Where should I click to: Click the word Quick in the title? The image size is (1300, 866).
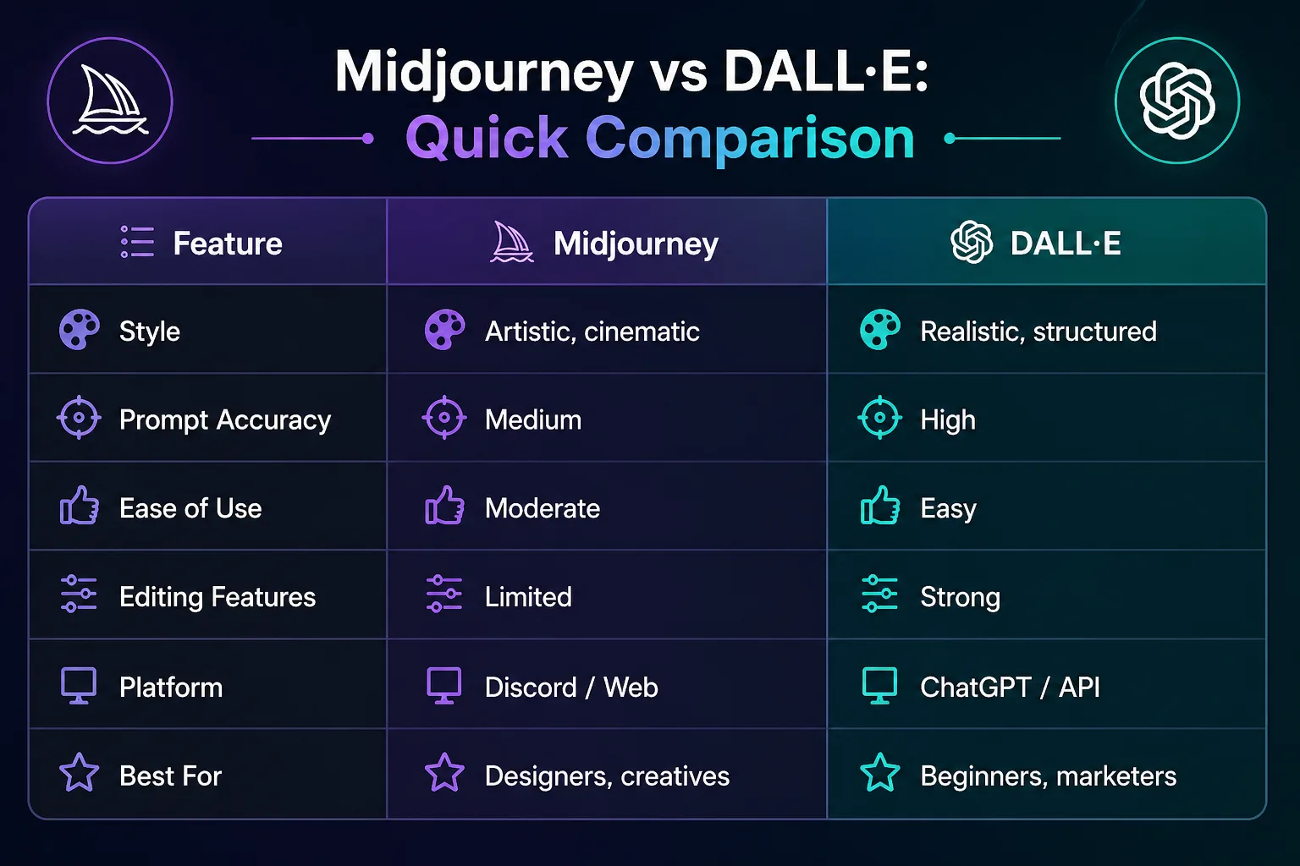(x=487, y=138)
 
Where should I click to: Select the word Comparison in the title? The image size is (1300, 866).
(x=750, y=138)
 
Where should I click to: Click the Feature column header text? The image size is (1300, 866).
(x=228, y=244)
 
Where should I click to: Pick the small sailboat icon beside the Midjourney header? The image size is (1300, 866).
(x=512, y=243)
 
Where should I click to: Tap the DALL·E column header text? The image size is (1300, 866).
(x=1066, y=244)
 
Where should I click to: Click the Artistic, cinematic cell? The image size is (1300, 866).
(x=592, y=332)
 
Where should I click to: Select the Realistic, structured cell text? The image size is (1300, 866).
(x=1038, y=332)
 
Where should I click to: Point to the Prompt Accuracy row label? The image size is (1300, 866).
(x=225, y=420)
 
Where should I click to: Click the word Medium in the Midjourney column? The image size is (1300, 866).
(x=533, y=420)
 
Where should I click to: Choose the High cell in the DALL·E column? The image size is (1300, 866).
(x=948, y=420)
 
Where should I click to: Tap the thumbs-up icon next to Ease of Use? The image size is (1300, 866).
(x=80, y=507)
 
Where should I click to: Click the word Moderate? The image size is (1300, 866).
(x=543, y=508)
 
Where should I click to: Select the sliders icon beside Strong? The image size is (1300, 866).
(x=879, y=594)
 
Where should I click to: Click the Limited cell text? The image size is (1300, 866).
(x=528, y=597)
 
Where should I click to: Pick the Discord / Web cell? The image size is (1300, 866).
(x=571, y=687)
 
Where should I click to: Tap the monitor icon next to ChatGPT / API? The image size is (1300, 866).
(x=879, y=685)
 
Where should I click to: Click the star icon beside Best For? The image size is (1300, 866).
(x=79, y=773)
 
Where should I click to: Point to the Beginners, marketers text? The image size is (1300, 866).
(x=1048, y=776)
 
